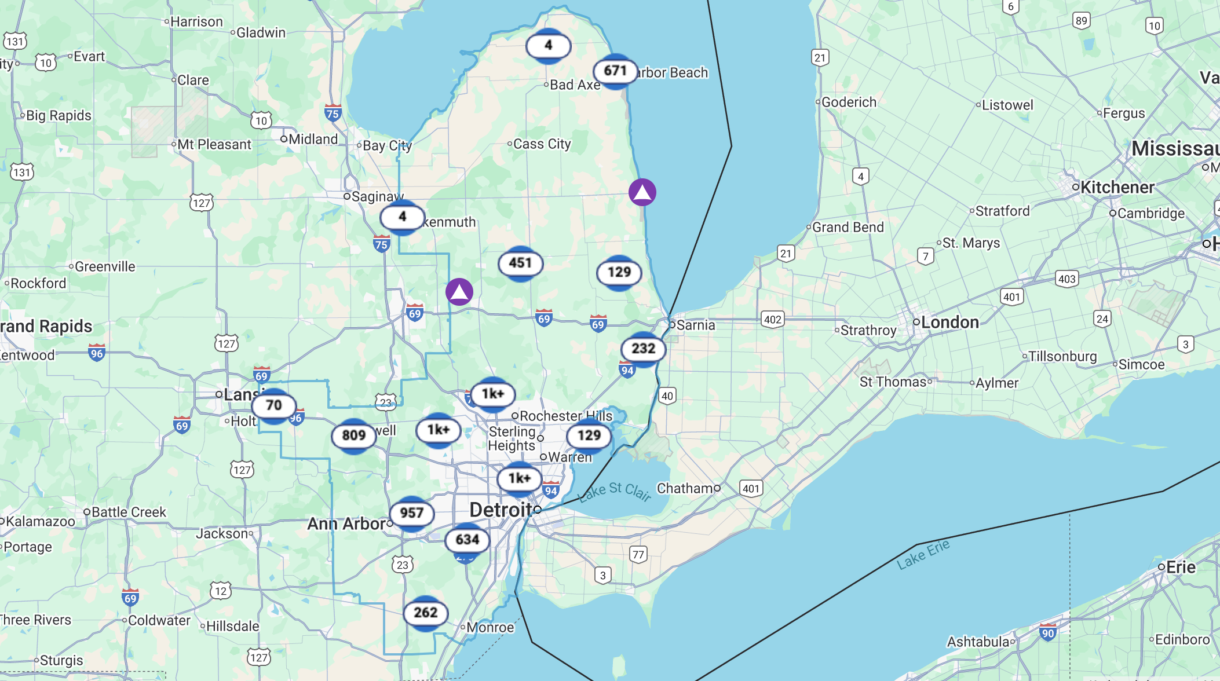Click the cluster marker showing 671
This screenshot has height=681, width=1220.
coord(615,71)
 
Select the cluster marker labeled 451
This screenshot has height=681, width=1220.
coord(520,263)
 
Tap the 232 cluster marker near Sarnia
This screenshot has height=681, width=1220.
coord(643,349)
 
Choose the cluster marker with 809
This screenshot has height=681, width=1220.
coord(353,435)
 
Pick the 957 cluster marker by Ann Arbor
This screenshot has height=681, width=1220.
coord(411,513)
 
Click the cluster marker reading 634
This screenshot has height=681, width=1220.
coord(467,540)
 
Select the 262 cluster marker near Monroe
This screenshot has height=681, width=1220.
coord(425,613)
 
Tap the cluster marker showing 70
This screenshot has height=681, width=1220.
coord(273,405)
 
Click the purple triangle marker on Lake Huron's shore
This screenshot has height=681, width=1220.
coord(642,192)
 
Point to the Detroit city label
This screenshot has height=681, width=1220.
coord(501,510)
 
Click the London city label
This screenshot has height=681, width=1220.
coord(949,323)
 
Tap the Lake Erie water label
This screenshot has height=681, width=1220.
coord(923,554)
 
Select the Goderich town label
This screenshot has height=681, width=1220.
coord(849,102)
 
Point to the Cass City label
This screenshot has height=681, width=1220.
coord(542,144)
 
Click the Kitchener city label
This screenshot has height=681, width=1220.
coord(1117,188)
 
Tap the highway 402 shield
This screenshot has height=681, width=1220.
coord(772,320)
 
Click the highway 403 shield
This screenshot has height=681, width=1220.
coord(1066,279)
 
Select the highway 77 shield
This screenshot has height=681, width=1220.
coord(638,555)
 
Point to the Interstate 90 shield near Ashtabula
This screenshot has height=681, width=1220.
coord(1047,633)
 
